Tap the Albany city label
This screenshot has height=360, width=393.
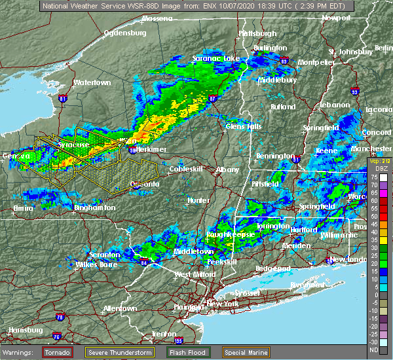(227, 170)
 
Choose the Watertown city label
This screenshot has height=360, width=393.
(92, 83)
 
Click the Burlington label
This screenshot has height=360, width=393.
(271, 48)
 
